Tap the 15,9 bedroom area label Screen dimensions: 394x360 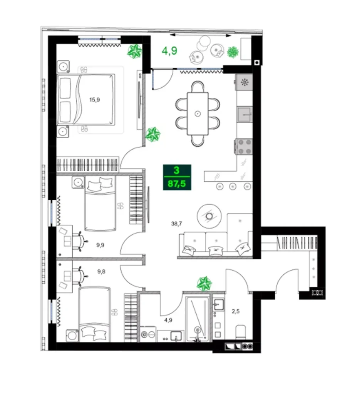(x=94, y=100)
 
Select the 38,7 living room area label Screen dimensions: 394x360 (x=177, y=223)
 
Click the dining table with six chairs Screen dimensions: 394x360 (x=198, y=114)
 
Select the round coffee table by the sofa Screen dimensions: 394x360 (x=209, y=216)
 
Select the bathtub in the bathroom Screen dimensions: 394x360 (x=198, y=318)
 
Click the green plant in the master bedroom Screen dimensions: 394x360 (x=135, y=51)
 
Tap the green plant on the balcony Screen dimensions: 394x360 (x=232, y=52)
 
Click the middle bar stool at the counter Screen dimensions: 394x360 (x=233, y=187)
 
